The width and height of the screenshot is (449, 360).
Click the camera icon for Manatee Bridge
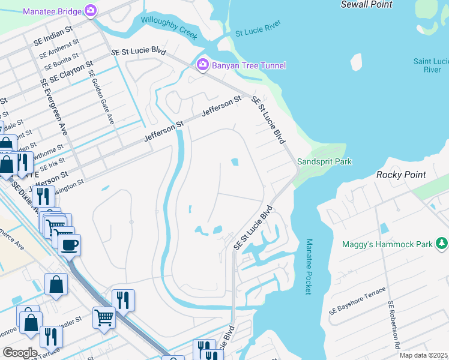(x=91, y=10)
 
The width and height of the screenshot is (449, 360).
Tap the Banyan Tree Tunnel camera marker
(x=203, y=65)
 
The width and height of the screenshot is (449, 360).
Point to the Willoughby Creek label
(x=169, y=28)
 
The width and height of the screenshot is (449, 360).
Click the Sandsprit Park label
(x=324, y=161)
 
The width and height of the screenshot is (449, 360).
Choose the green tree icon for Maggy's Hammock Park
(x=442, y=244)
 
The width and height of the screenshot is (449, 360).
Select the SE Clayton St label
(x=71, y=71)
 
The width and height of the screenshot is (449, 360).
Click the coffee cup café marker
(x=69, y=245)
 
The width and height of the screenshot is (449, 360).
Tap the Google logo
(x=20, y=353)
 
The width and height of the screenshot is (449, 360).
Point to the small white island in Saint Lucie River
(x=357, y=62)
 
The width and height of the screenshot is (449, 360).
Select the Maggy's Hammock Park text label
(x=387, y=244)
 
